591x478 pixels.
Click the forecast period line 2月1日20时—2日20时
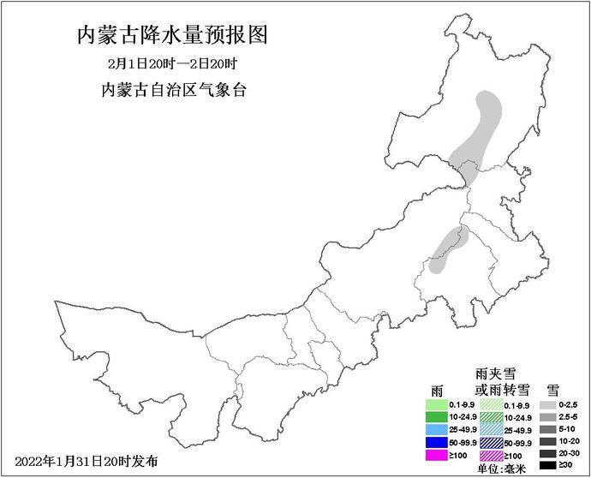[173, 65]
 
